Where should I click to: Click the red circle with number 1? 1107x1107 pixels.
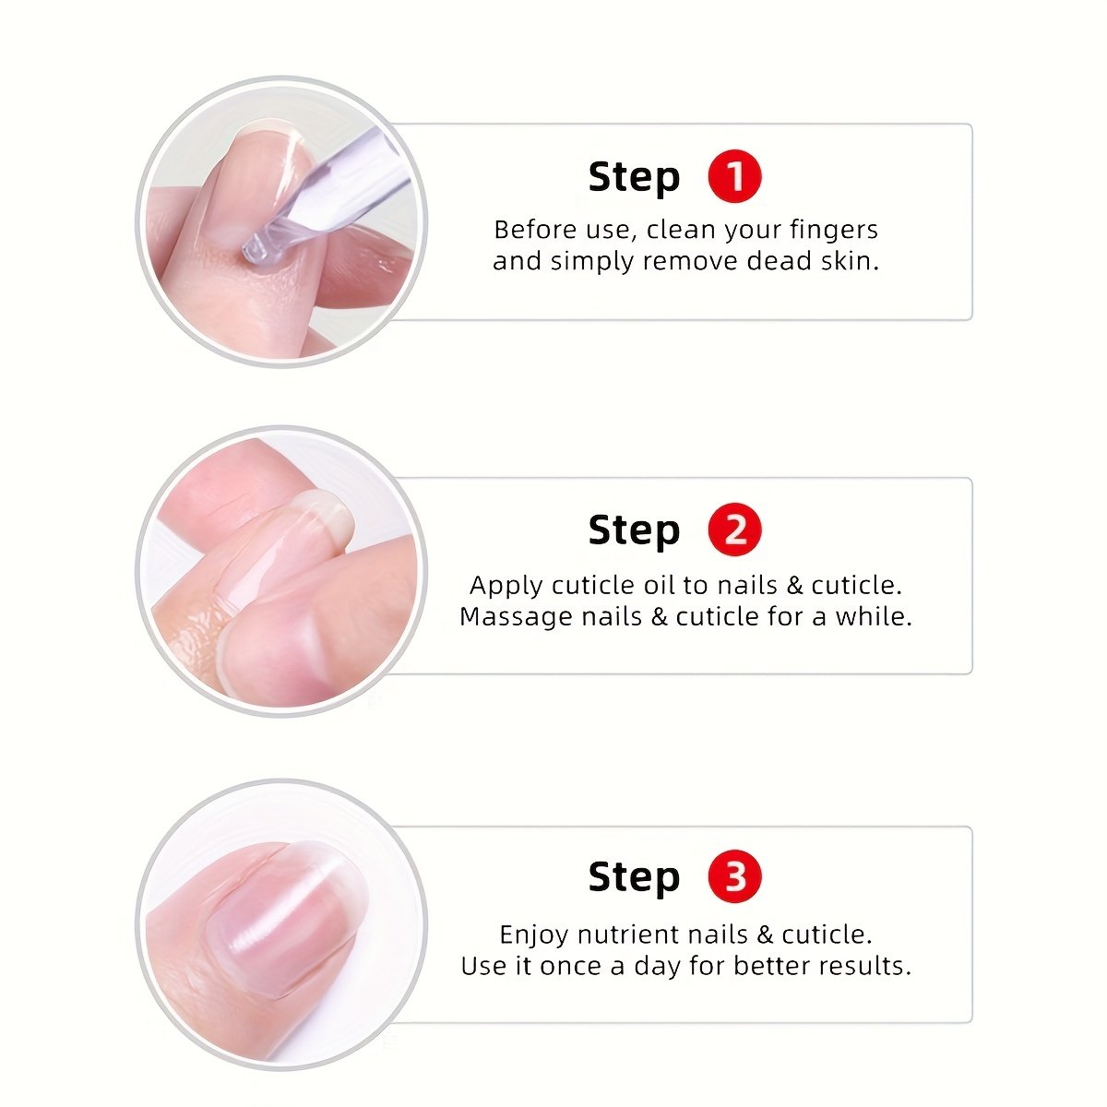point(734,176)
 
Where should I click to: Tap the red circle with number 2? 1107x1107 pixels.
point(734,530)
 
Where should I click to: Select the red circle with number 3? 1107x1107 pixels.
point(734,876)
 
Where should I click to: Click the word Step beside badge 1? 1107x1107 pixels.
point(634,177)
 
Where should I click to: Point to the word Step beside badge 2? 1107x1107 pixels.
point(634,530)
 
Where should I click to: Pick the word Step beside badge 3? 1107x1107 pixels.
point(634,878)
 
